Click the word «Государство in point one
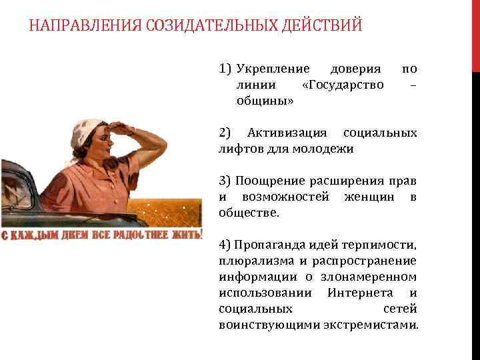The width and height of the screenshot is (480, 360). click(343, 85)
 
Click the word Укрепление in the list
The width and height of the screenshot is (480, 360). click(273, 69)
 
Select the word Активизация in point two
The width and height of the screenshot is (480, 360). click(287, 133)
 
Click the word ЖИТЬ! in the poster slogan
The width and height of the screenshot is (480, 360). click(185, 235)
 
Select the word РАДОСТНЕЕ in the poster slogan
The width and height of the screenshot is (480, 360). click(135, 235)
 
